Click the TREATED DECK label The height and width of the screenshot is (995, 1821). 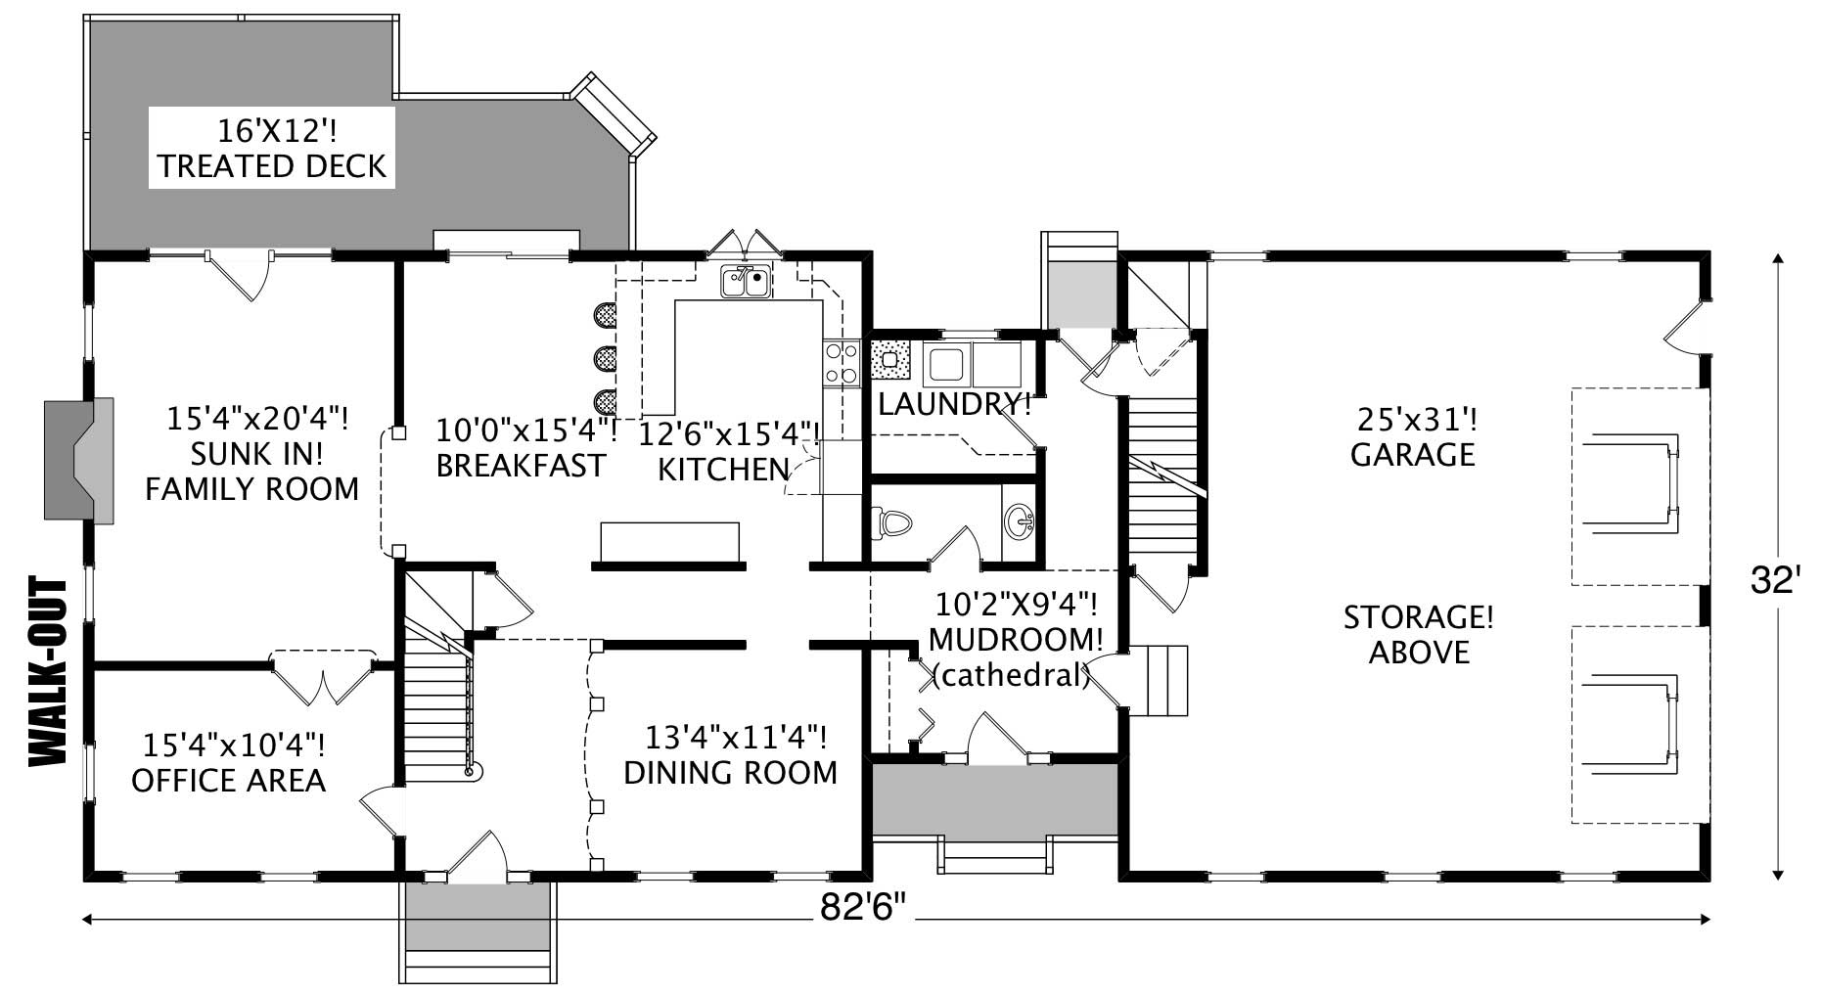coord(272,166)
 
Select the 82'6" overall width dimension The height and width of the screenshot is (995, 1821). coord(864,908)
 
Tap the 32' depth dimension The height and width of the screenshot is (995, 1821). coord(1775,581)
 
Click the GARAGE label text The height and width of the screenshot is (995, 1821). coord(1412,455)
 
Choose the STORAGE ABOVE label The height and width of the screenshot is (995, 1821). coord(1418,635)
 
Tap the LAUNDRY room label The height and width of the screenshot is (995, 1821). coord(952,403)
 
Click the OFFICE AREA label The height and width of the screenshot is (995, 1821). coord(228,780)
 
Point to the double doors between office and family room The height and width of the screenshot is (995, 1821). coord(323,675)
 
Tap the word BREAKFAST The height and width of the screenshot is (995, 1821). coord(520,466)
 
